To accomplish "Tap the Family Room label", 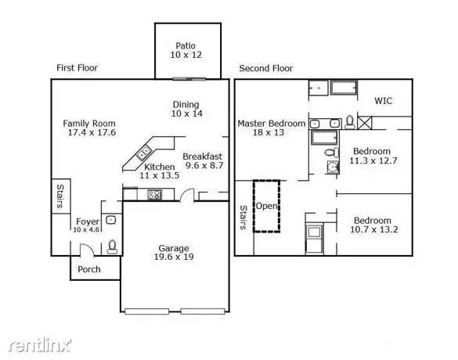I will pyautogui.click(x=89, y=123).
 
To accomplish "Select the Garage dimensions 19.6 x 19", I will pyautogui.click(x=171, y=257).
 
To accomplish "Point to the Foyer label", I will pyautogui.click(x=87, y=221).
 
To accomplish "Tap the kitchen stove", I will pyautogui.click(x=153, y=195).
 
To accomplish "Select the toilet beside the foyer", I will pyautogui.click(x=112, y=246).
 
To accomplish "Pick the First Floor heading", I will pyautogui.click(x=77, y=68).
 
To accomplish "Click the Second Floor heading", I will pyautogui.click(x=265, y=68).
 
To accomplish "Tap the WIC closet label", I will pyautogui.click(x=383, y=100).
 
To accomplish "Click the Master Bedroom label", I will pyautogui.click(x=271, y=123).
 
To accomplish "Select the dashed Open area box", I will pyautogui.click(x=266, y=206).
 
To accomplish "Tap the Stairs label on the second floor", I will pyautogui.click(x=243, y=218).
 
